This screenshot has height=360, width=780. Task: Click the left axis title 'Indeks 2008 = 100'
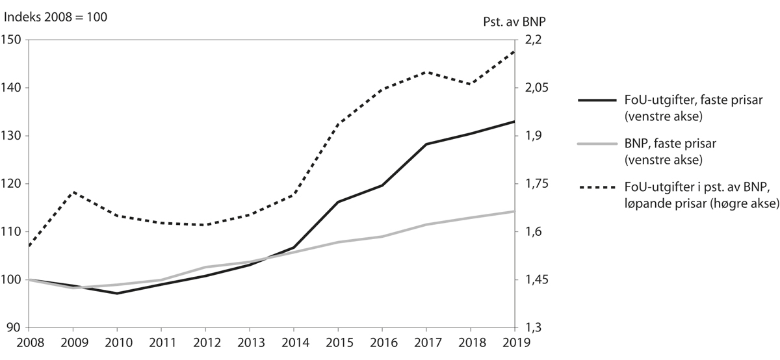click(55, 18)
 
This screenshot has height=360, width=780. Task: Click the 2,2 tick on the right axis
click(530, 40)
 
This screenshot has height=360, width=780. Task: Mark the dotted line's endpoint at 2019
click(514, 51)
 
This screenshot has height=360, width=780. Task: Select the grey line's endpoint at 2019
click(514, 211)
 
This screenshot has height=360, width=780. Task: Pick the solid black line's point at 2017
click(426, 144)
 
